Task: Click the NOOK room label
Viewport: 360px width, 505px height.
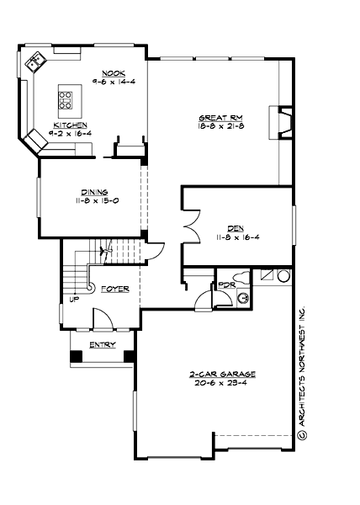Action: click(x=114, y=72)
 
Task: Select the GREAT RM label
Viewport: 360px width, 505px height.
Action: click(x=215, y=117)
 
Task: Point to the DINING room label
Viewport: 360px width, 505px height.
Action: click(x=94, y=192)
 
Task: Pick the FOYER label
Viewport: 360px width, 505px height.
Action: click(x=114, y=289)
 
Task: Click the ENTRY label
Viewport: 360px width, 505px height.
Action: click(x=103, y=344)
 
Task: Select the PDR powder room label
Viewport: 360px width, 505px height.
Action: click(x=225, y=284)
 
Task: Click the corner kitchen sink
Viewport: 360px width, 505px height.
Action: click(x=35, y=60)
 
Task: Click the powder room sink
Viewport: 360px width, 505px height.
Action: click(x=241, y=296)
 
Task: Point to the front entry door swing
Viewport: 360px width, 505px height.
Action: click(x=102, y=318)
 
